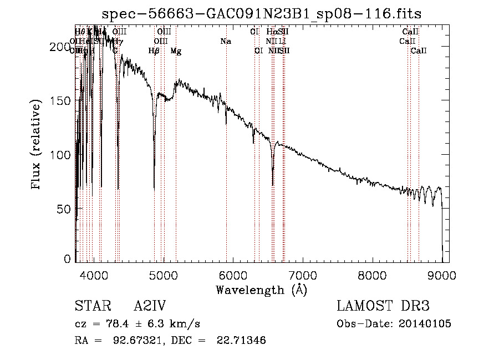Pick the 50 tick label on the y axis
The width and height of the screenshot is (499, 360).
tap(64, 208)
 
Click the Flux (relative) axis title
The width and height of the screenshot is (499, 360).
tap(37, 145)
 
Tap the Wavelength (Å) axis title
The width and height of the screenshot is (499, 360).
tap(261, 290)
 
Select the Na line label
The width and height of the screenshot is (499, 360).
tap(226, 42)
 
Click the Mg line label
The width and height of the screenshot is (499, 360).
tap(176, 51)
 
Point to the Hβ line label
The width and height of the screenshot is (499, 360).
tap(154, 51)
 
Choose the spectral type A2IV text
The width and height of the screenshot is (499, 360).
tap(150, 307)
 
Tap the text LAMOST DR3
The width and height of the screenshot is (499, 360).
tap(383, 307)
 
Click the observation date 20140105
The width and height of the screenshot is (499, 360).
tap(427, 324)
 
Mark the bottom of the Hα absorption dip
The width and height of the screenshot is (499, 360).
tap(272, 184)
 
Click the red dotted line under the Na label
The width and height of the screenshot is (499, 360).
tap(226, 166)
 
